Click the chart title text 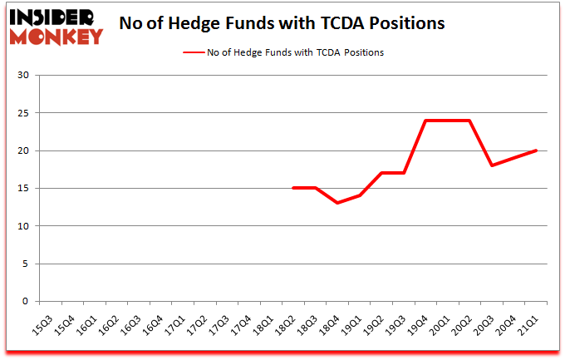coord(282,23)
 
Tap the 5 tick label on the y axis coord(26,264)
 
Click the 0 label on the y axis coord(26,302)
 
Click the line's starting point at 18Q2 coord(292,188)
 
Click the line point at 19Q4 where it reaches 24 coord(425,121)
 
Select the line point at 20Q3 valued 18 coord(492,165)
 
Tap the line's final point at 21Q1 coord(537,150)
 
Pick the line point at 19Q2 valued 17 coord(381,173)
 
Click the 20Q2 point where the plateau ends coord(470,121)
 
